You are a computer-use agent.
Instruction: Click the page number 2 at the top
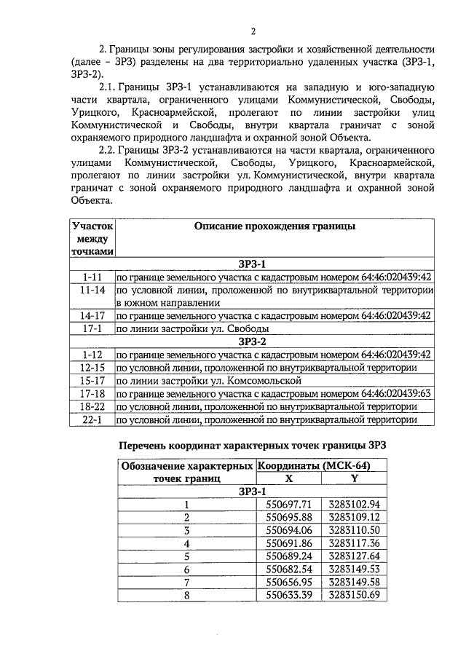click(x=253, y=31)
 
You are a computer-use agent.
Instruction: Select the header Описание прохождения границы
click(x=275, y=226)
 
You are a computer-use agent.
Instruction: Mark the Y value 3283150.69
click(x=354, y=596)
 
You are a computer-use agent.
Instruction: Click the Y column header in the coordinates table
click(x=354, y=478)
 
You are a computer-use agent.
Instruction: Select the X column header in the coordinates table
click(x=289, y=478)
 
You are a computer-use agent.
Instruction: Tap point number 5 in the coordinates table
click(x=186, y=556)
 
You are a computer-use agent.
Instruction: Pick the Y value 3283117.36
click(x=354, y=543)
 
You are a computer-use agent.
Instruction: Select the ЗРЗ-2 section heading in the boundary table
click(x=252, y=341)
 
